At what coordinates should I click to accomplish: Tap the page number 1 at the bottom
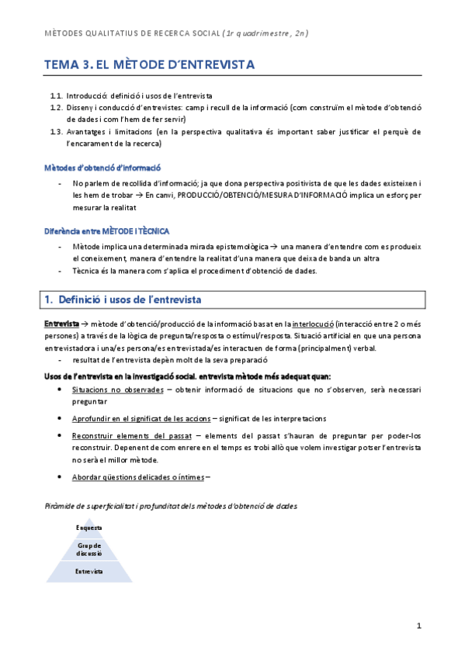pyautogui.click(x=418, y=625)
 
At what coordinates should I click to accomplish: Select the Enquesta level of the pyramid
pyautogui.click(x=89, y=528)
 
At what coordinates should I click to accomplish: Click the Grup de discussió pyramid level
pyautogui.click(x=89, y=549)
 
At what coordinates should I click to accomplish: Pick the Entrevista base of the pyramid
pyautogui.click(x=89, y=571)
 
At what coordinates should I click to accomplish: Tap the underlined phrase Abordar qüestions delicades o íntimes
pyautogui.click(x=139, y=476)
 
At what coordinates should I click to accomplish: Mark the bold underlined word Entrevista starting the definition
pyautogui.click(x=61, y=323)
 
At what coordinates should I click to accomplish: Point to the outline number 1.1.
pyautogui.click(x=55, y=95)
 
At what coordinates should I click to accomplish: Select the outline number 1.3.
pyautogui.click(x=55, y=132)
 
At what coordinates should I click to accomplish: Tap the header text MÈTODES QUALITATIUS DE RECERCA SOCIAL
pyautogui.click(x=130, y=33)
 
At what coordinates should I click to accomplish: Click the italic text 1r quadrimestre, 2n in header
pyautogui.click(x=267, y=33)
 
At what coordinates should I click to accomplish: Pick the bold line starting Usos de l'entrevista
pyautogui.click(x=186, y=376)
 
